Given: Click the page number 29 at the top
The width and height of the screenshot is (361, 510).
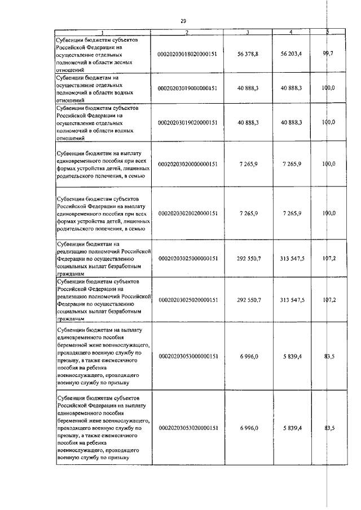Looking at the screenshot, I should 183,21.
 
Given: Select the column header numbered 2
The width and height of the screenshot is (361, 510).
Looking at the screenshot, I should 187,32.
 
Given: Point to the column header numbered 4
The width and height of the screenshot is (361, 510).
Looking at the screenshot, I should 290,32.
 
